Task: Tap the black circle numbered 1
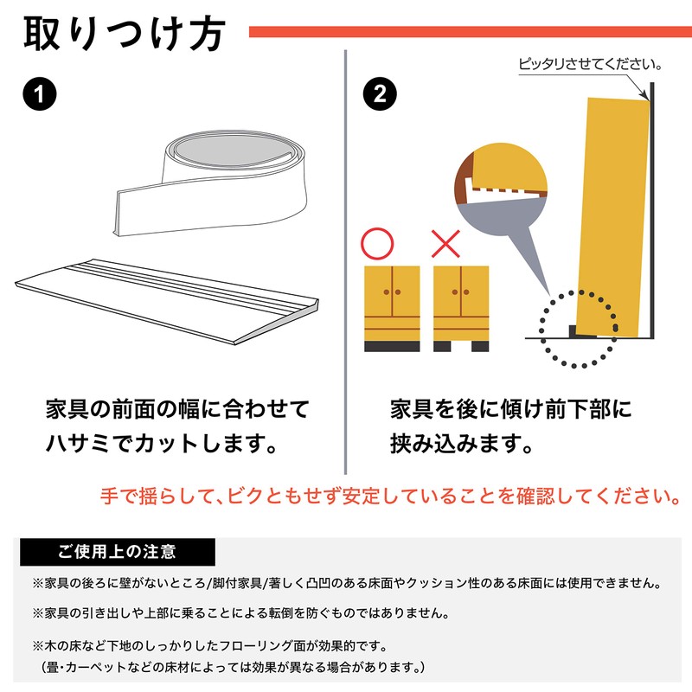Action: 37,94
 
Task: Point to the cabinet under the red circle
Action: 391,307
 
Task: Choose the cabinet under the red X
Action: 460,307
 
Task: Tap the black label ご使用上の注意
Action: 117,551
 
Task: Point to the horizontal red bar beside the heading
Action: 470,32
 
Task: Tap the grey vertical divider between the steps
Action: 346,259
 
